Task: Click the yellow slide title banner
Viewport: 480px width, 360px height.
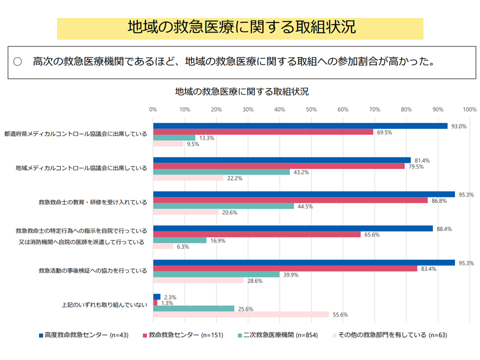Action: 240,28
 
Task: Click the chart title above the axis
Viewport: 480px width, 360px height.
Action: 241,92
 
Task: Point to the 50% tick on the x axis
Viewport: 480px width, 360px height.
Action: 311,109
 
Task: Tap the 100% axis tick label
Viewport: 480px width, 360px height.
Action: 469,109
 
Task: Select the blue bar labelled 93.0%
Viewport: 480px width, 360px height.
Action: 300,126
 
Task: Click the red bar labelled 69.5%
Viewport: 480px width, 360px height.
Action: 263,132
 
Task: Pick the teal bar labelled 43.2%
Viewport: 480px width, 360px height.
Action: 221,172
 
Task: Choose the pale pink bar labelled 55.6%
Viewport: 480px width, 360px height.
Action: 241,314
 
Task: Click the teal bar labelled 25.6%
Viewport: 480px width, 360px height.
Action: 193,308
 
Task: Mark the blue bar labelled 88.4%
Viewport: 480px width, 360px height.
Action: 293,228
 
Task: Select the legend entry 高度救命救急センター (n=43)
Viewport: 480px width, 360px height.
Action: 83,335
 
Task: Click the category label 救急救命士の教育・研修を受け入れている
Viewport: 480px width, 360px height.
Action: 92,202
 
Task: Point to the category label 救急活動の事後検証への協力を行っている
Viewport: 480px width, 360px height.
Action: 92,271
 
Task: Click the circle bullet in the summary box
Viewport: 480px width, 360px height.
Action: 18,62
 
